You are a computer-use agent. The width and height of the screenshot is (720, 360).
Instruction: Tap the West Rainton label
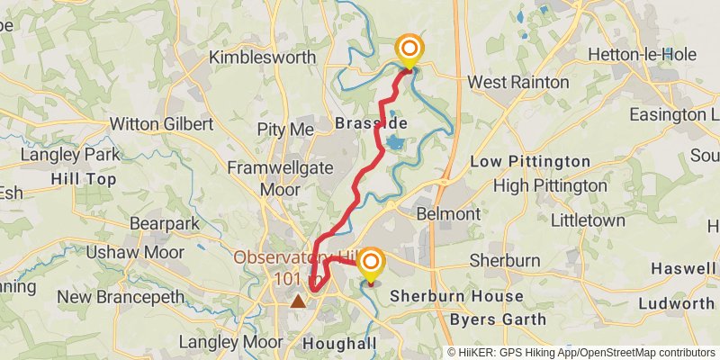pos(518,82)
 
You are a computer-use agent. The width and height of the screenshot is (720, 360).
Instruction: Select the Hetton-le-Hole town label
pos(642,54)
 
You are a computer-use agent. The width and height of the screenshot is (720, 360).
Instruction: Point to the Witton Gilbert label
pos(161,123)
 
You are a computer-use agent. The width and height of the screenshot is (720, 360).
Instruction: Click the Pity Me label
pos(285,129)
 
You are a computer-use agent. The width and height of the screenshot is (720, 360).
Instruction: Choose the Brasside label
pos(371,122)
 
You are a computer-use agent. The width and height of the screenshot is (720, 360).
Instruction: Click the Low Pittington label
pos(531,162)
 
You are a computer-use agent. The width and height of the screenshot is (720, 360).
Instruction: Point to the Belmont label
pos(448,213)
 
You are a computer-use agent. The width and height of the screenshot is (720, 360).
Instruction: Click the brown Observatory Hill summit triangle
pos(297,301)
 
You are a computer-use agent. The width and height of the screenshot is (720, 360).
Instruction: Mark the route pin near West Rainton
pos(409,50)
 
